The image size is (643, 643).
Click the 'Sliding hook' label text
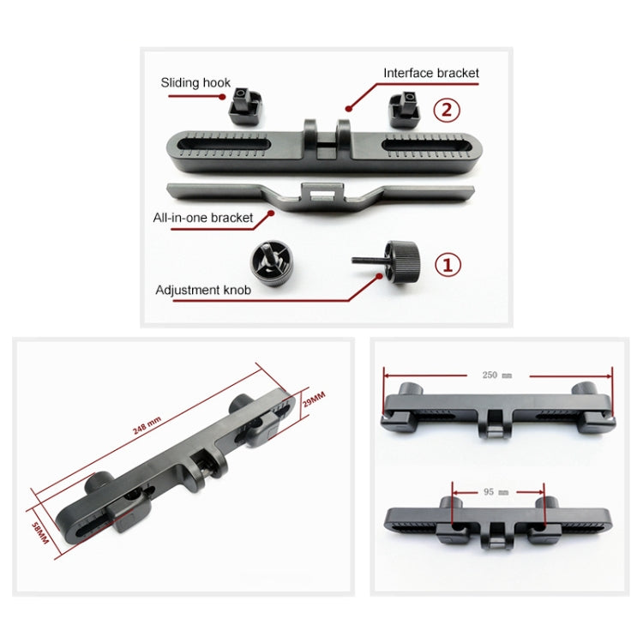195,83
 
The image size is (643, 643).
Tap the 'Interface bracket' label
431,73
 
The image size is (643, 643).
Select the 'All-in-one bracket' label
203,218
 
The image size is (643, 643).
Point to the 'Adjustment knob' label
203,290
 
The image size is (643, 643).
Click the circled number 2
447,110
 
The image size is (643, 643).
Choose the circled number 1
448,265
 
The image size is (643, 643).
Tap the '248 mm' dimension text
147,425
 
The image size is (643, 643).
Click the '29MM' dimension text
314,399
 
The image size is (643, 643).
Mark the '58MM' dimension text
40,533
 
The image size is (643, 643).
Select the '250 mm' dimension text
497,375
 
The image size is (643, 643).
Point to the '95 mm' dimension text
496,492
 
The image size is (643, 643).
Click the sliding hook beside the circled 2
405,109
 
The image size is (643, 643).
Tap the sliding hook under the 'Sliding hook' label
245,107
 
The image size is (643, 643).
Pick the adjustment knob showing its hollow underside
272,263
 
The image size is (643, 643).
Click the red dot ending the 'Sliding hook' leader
222,97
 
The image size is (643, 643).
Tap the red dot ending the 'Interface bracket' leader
349,109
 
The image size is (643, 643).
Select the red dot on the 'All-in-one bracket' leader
271,213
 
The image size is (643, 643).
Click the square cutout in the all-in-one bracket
321,194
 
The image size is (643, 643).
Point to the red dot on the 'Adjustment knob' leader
380,276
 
